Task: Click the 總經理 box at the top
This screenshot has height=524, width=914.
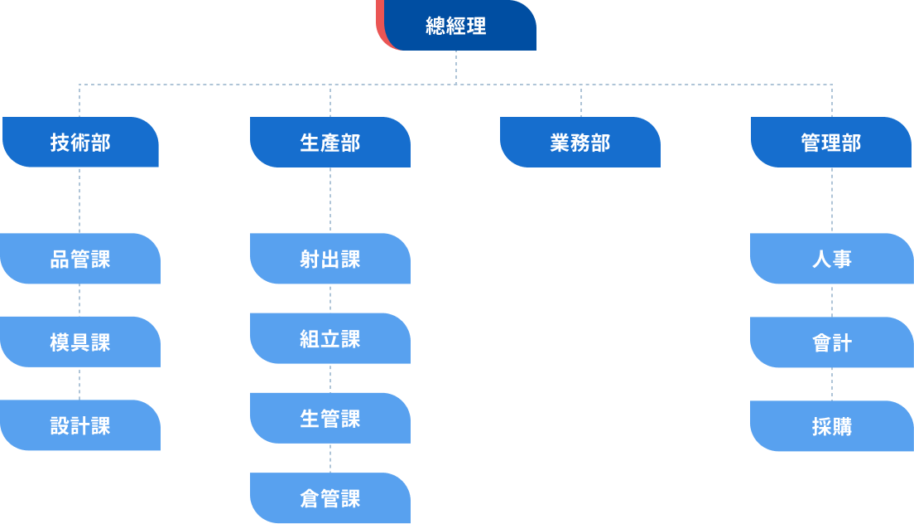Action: (x=456, y=26)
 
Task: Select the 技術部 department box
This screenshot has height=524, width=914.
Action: (x=80, y=143)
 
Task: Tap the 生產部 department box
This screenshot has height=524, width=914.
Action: (x=330, y=143)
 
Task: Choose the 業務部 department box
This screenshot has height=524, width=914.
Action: (x=580, y=143)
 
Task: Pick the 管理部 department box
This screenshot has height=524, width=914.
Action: (x=831, y=143)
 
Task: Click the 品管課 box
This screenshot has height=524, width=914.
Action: (x=80, y=259)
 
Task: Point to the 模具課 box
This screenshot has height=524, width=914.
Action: (x=80, y=342)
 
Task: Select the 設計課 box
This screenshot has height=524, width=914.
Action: (x=80, y=425)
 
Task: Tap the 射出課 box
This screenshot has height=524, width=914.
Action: (x=330, y=259)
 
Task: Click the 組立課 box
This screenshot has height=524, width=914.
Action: (x=330, y=338)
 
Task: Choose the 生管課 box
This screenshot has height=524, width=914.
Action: (x=330, y=418)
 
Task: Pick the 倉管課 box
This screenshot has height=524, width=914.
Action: (x=330, y=498)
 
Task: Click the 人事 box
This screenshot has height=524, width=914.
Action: (x=831, y=259)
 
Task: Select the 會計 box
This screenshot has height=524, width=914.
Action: (x=831, y=342)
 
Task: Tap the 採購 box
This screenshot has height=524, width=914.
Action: (x=831, y=426)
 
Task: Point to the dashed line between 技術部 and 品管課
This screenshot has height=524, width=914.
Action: (x=80, y=200)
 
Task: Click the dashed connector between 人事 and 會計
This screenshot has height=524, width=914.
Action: (x=832, y=300)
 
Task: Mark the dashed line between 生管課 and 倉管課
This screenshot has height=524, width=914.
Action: (x=330, y=458)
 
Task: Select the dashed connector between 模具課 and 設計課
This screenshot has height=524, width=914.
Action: (x=80, y=383)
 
